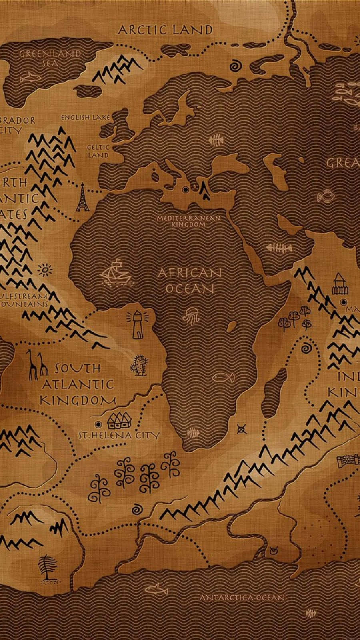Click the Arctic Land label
click(165, 30)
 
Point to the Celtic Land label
click(98, 151)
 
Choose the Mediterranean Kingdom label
click(188, 221)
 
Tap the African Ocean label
click(190, 280)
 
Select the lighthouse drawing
click(138, 323)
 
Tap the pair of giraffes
click(36, 364)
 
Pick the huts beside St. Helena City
click(120, 420)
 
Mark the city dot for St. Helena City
click(98, 424)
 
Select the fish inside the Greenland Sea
click(28, 77)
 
